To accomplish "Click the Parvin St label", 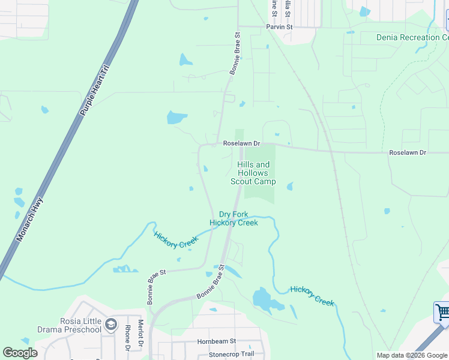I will (279, 28).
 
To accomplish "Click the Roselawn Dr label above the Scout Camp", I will (242, 144).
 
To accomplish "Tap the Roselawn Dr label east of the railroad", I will (408, 153).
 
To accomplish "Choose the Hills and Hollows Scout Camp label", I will (253, 173).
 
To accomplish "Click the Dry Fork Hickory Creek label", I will (234, 218).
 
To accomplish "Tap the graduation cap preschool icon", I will (111, 325).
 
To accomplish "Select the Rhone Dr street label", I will (127, 338).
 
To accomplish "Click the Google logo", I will (20, 353).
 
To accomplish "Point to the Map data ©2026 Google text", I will (411, 355).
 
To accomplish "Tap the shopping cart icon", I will (442, 312).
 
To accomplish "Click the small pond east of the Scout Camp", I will (290, 187).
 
